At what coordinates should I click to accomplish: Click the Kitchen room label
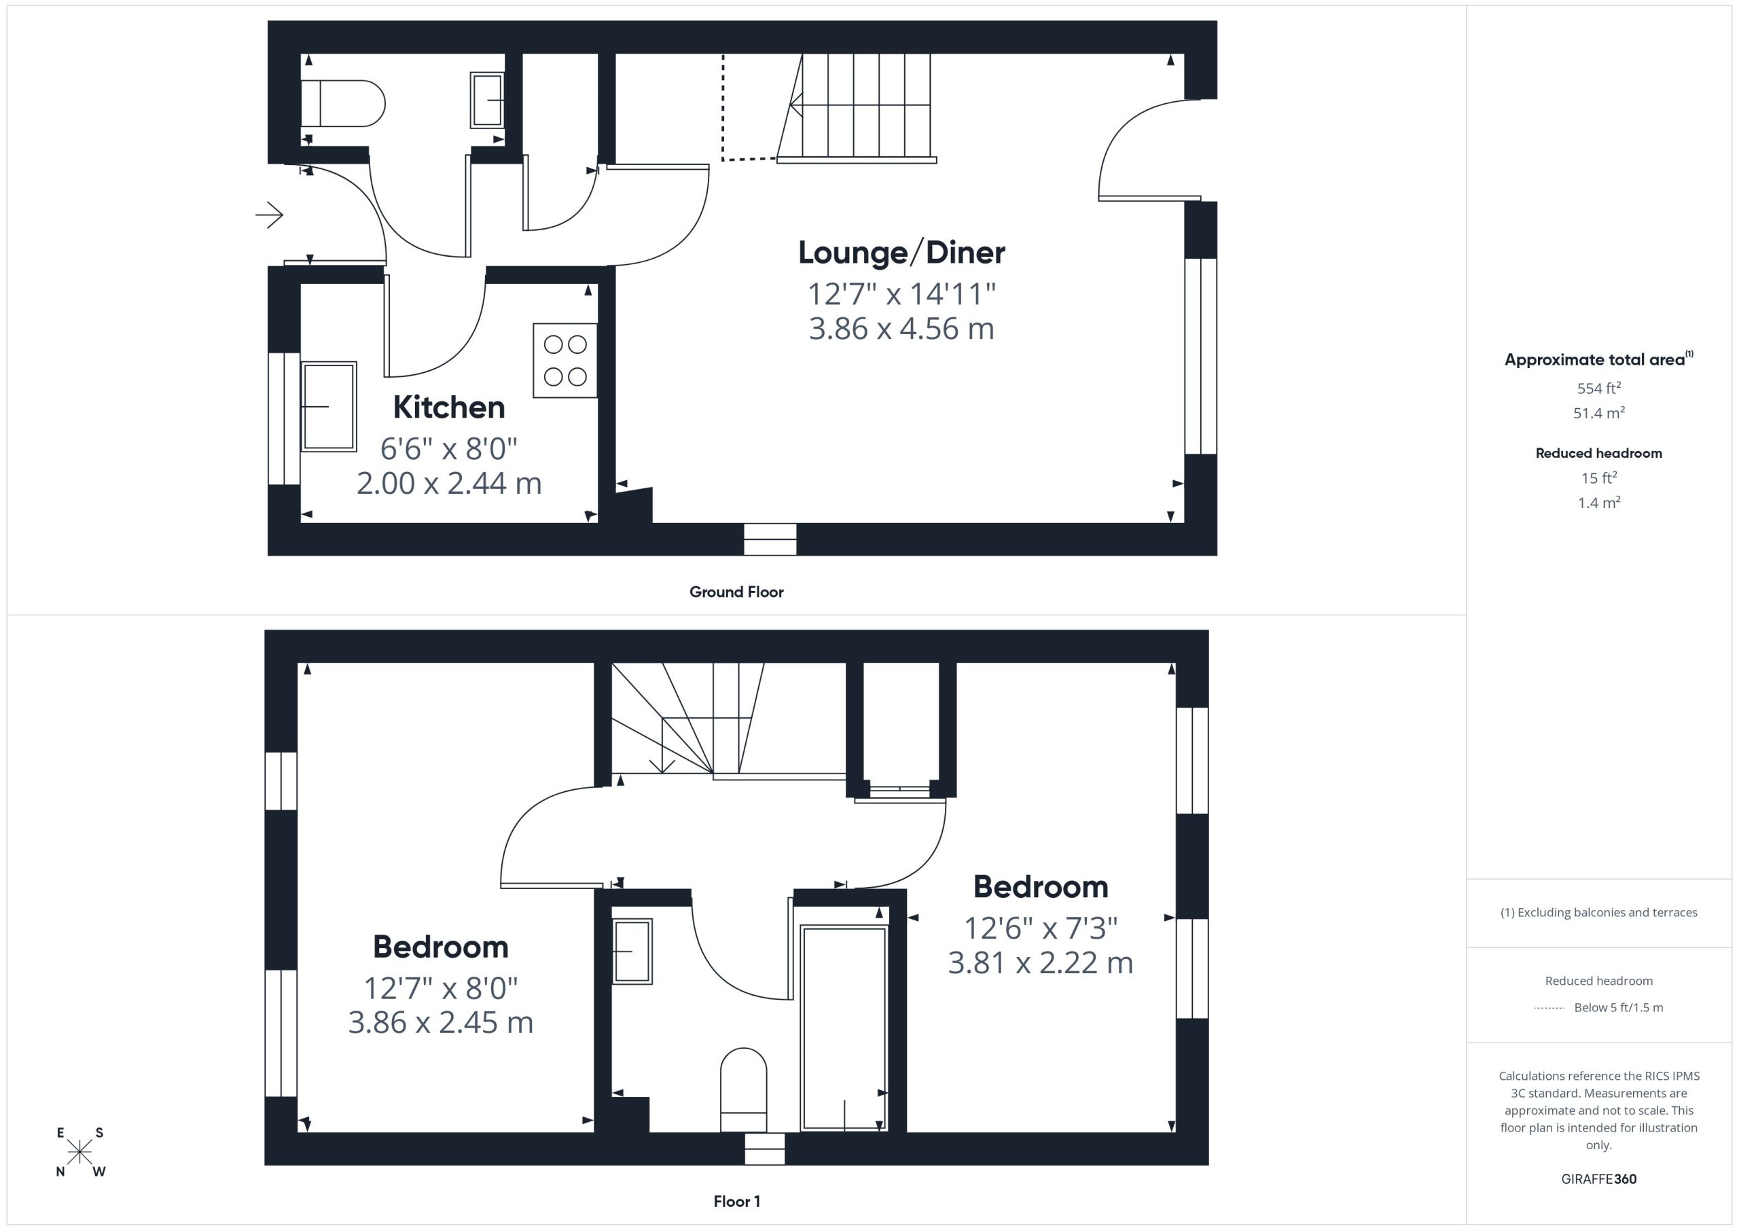(448, 408)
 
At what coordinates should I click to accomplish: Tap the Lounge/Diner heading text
(901, 253)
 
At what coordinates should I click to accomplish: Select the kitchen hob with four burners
(565, 361)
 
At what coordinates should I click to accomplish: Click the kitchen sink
(329, 407)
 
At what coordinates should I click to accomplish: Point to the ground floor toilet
(343, 103)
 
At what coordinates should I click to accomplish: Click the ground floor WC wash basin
(487, 99)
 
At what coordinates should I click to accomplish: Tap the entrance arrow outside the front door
(270, 215)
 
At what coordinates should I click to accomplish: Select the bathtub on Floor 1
(844, 1028)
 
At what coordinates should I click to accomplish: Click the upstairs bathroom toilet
(743, 1090)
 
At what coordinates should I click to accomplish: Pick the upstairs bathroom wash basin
(632, 952)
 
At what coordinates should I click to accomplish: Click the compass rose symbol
(79, 1152)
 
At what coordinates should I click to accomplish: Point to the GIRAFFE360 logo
(1598, 1179)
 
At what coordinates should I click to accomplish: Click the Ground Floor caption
(736, 592)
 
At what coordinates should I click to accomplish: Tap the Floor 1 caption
(736, 1201)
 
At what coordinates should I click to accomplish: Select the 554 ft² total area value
(1598, 388)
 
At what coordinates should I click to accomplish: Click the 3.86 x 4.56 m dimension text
(901, 329)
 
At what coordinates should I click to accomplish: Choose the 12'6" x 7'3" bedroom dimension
(1041, 928)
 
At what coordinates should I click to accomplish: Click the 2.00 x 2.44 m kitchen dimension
(449, 483)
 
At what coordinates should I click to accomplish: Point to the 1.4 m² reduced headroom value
(1598, 503)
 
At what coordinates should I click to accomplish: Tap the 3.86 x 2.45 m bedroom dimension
(441, 1022)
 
